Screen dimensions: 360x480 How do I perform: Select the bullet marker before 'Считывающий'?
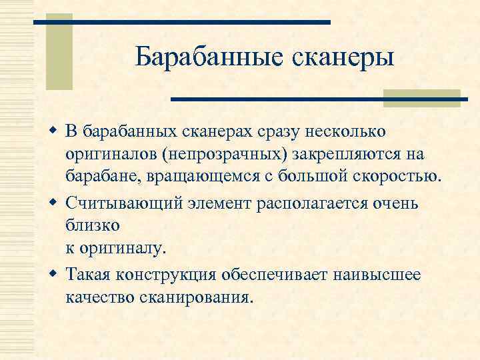point(53,203)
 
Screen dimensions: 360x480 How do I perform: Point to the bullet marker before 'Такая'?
point(53,274)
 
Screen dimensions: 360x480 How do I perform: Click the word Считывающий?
point(133,203)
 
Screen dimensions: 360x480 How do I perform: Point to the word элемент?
point(229,203)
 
